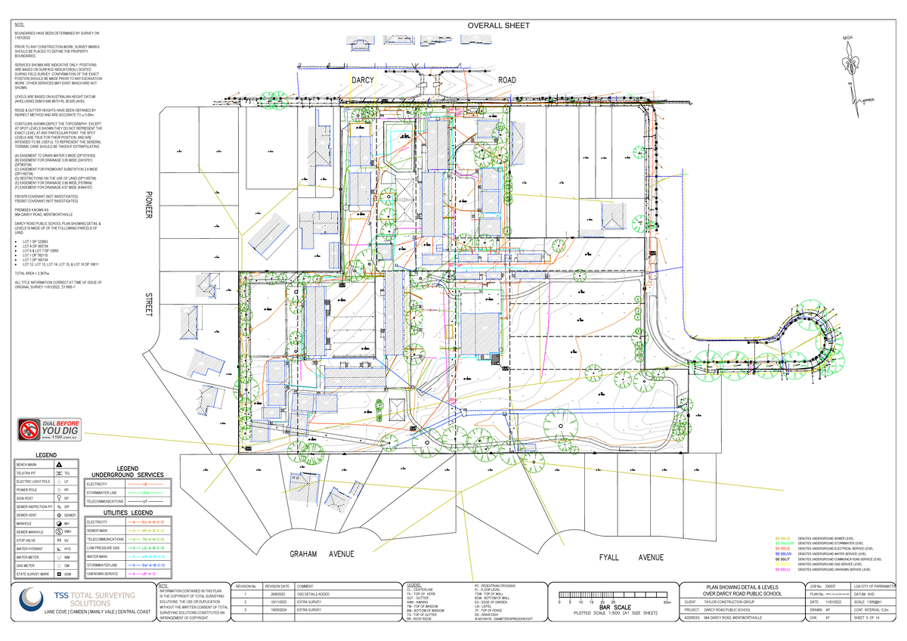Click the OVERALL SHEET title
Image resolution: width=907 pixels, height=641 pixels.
pos(497,26)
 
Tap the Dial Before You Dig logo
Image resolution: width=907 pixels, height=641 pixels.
pos(50,429)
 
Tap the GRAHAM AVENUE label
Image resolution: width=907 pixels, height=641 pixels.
pos(322,554)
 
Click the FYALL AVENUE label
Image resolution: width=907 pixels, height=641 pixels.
pos(631,557)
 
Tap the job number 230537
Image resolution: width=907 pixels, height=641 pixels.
pos(831,587)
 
